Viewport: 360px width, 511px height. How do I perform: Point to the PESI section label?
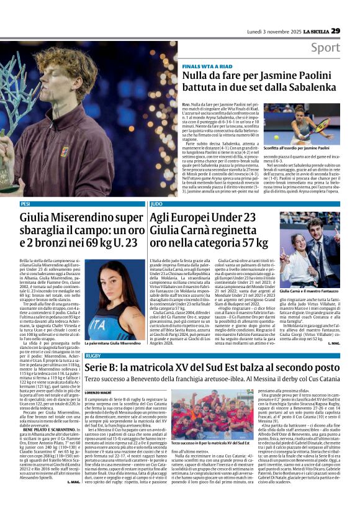tap(25, 204)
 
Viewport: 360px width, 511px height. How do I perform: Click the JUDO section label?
tap(157, 204)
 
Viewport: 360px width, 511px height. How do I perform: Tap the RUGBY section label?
tap(93, 356)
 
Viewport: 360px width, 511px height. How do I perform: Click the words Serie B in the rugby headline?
tap(102, 368)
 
